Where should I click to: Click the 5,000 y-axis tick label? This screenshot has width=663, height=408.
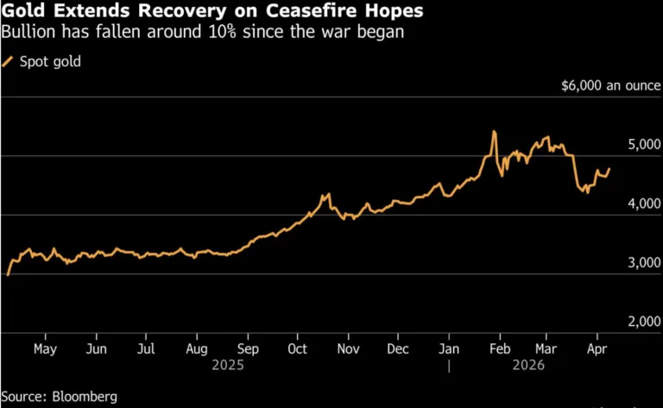click(x=640, y=145)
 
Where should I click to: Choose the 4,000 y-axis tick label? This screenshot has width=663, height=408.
click(x=640, y=204)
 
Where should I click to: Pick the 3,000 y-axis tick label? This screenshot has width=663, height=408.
click(x=640, y=263)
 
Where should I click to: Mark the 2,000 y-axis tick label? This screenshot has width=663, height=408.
click(x=640, y=322)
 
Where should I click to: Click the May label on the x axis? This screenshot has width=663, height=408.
click(x=45, y=348)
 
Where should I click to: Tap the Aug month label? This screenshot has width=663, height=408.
click(x=197, y=348)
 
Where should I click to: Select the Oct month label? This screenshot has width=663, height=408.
click(x=297, y=348)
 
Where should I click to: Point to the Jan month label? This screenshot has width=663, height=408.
click(x=449, y=348)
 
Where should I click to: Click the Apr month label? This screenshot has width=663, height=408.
click(x=596, y=348)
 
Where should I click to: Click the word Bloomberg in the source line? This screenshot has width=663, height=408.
click(x=85, y=396)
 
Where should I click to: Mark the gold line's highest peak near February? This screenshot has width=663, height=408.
click(x=494, y=132)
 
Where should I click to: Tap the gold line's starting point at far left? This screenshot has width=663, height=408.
click(x=8, y=274)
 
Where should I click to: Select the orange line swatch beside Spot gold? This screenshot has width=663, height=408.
click(x=9, y=61)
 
